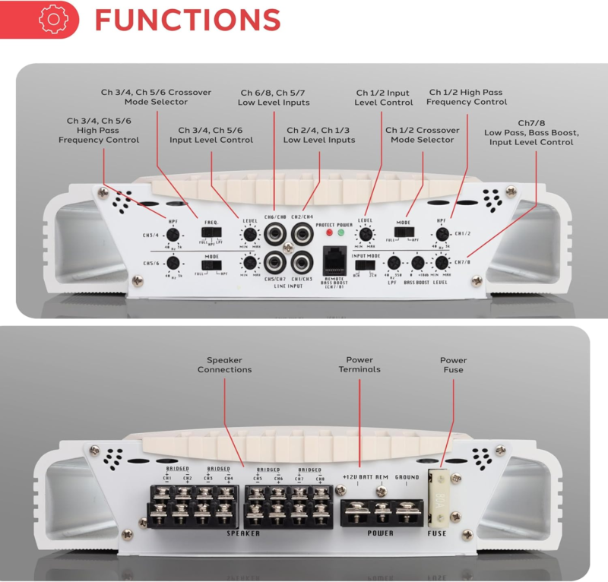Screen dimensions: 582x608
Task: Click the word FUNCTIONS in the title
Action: (x=187, y=19)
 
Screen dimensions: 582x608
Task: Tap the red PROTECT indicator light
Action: (x=328, y=232)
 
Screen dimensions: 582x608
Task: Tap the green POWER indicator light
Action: (x=341, y=232)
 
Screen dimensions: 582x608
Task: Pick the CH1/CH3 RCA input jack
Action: (x=300, y=262)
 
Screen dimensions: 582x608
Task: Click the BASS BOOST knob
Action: (x=417, y=263)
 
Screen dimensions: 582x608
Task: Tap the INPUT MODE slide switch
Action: (x=366, y=265)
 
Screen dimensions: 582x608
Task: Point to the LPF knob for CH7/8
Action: (x=394, y=263)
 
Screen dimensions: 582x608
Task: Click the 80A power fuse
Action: (x=440, y=498)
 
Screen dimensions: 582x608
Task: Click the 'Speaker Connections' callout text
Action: (x=224, y=365)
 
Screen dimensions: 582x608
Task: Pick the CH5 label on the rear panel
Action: (x=257, y=478)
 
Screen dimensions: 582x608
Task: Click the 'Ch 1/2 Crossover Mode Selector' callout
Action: (x=420, y=134)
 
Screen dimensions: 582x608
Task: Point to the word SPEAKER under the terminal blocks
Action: (x=242, y=533)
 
